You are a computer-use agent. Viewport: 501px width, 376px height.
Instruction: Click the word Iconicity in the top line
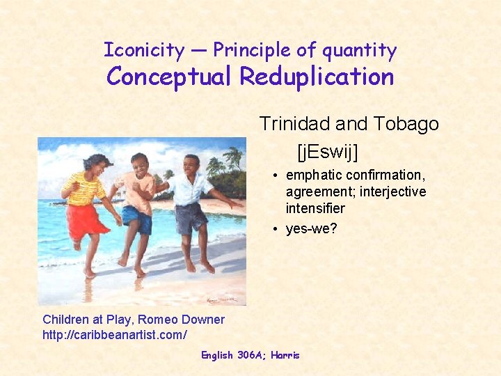[x=144, y=50]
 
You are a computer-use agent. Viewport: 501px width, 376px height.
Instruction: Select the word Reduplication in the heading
[x=317, y=77]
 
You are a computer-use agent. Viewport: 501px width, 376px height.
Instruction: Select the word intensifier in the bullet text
[x=315, y=208]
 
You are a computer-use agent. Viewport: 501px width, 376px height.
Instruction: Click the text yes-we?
[x=311, y=229]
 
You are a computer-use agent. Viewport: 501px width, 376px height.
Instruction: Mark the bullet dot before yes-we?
[x=276, y=229]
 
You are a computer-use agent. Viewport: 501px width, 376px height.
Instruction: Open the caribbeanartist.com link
[x=114, y=335]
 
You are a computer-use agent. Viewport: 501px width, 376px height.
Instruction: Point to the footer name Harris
[x=285, y=355]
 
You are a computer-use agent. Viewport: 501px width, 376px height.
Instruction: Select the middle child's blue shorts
[x=138, y=218]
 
